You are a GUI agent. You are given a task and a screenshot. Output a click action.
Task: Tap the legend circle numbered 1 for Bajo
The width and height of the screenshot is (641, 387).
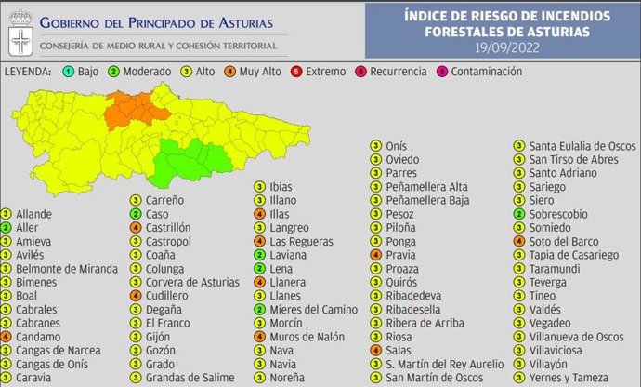(x=70, y=72)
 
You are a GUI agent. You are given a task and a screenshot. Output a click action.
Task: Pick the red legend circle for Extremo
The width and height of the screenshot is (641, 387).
(x=320, y=72)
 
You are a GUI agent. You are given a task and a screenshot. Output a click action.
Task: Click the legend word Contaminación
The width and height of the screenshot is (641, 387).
(x=487, y=72)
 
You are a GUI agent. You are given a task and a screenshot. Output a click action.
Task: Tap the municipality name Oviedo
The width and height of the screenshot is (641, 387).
(x=401, y=160)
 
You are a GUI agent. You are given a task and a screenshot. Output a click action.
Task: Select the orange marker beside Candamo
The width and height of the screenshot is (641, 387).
(x=7, y=336)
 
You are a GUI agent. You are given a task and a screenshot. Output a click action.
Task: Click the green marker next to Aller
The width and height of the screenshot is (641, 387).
(x=7, y=227)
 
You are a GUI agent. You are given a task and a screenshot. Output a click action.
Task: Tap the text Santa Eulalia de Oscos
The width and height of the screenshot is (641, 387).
(x=582, y=146)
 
